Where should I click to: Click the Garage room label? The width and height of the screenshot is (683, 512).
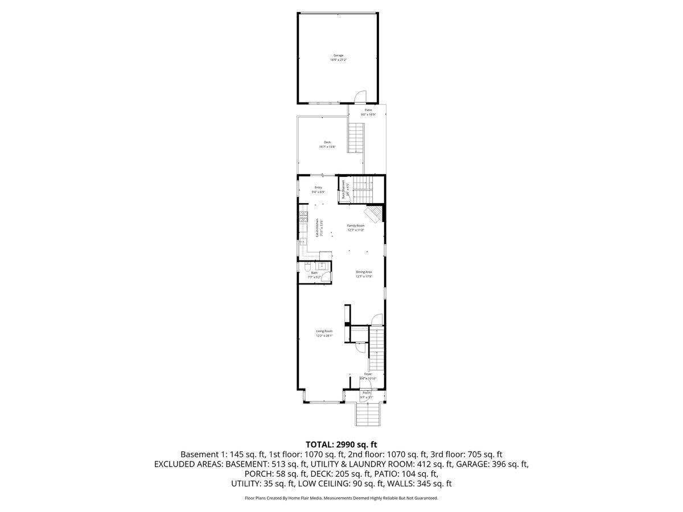pyautogui.click(x=338, y=55)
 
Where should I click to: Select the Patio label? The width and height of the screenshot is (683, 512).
pyautogui.click(x=368, y=110)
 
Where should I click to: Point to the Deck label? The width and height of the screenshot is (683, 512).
pyautogui.click(x=327, y=142)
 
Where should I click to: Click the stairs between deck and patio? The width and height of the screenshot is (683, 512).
pyautogui.click(x=356, y=137)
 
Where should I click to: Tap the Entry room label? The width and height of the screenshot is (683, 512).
pyautogui.click(x=318, y=187)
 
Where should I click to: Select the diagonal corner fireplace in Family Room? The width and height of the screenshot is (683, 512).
pyautogui.click(x=373, y=214)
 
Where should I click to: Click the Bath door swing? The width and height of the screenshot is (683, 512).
pyautogui.click(x=325, y=276)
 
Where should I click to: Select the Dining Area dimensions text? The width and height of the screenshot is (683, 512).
pyautogui.click(x=364, y=276)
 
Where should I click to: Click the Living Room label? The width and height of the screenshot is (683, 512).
pyautogui.click(x=324, y=331)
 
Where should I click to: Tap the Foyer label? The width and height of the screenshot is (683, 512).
pyautogui.click(x=368, y=374)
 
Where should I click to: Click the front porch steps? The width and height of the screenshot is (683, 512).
pyautogui.click(x=367, y=414)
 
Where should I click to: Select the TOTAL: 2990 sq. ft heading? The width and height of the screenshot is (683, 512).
pyautogui.click(x=341, y=444)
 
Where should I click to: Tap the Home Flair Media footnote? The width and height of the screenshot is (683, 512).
pyautogui.click(x=341, y=498)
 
